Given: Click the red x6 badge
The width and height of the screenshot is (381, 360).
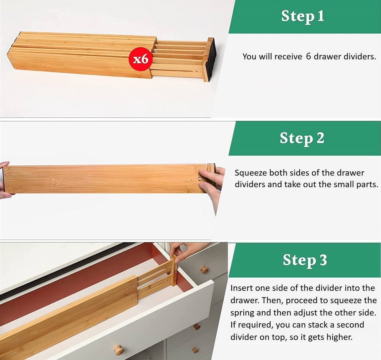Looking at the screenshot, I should tap(141, 59).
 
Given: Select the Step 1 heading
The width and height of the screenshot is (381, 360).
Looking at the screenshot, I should tap(302, 16).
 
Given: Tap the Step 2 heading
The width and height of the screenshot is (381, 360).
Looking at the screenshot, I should tap(302, 138).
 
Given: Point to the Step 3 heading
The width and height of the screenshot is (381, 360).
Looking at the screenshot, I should tap(305, 260).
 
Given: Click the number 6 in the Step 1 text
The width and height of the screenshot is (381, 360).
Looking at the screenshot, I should tap(308, 56).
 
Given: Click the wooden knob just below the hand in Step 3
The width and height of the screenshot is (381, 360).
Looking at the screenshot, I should tap(204, 269).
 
